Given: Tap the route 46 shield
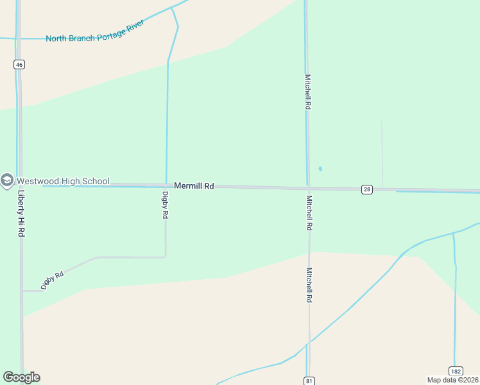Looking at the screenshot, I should click(x=19, y=64).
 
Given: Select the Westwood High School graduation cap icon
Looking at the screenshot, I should click(x=7, y=181).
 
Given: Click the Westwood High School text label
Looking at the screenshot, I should click(x=63, y=182).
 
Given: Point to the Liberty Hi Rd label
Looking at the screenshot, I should click(x=21, y=214).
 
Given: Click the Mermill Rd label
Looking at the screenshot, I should click(x=194, y=186).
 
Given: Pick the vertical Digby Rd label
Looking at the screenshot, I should click(x=165, y=205).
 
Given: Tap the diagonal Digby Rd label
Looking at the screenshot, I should click(x=53, y=280).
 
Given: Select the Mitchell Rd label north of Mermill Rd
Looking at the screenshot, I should click(x=308, y=92).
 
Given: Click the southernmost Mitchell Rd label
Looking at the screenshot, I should click(x=309, y=285).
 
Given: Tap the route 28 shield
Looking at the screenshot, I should click(x=366, y=189).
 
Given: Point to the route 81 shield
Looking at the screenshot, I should click(x=309, y=381).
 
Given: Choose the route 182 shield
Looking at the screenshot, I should click(x=456, y=371).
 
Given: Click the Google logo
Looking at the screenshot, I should click(x=21, y=377).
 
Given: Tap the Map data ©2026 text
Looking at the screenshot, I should click(x=453, y=380).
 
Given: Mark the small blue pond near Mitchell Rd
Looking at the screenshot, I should click(x=320, y=169).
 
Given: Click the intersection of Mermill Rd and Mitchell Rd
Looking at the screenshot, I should click(x=308, y=188).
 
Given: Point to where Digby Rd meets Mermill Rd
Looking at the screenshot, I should click(x=166, y=186).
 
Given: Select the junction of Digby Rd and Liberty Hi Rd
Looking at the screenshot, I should click(x=22, y=291).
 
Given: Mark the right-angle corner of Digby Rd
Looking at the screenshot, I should click(x=165, y=257).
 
